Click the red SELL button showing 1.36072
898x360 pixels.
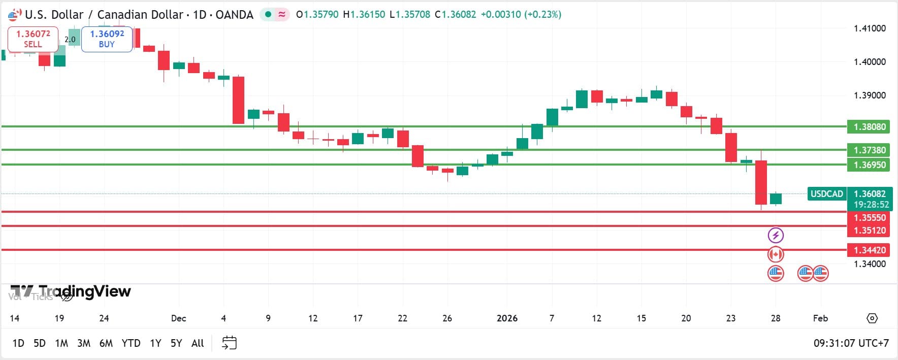[33, 39]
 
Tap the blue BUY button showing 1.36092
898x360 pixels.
[107, 39]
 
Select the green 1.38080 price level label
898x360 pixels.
[869, 126]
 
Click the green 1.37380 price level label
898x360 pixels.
[869, 150]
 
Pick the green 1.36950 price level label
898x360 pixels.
[869, 165]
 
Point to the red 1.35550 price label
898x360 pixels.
[869, 217]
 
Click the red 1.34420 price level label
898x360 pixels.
[869, 250]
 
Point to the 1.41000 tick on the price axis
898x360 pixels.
[869, 28]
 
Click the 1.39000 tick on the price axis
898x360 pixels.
[869, 95]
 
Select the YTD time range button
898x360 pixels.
[131, 343]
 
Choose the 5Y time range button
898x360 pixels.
[176, 343]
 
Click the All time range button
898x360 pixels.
[198, 343]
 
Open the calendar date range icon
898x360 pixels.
[229, 343]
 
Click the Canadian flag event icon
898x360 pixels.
[775, 254]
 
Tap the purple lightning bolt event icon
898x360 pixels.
[775, 235]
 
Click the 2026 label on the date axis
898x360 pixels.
[507, 318]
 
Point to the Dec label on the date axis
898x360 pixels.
[178, 318]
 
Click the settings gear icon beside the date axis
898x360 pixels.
[872, 318]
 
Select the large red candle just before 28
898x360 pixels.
[761, 182]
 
